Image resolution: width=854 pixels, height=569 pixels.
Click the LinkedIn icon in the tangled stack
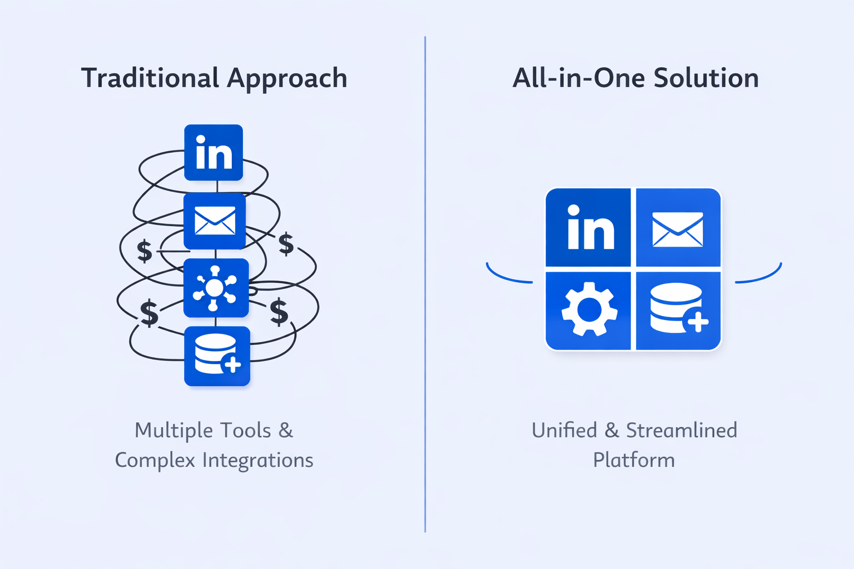[213, 153]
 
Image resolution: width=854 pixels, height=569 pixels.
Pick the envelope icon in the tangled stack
[215, 221]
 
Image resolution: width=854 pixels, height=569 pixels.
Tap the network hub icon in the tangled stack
[216, 288]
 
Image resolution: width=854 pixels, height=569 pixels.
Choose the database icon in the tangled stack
[217, 356]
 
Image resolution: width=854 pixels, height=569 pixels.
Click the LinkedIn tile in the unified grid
[589, 228]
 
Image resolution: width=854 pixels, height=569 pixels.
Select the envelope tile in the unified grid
[678, 228]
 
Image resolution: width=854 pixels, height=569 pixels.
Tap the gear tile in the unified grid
[589, 310]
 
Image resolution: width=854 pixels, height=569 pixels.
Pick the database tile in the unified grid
[678, 310]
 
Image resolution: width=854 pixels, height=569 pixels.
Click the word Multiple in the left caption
[173, 431]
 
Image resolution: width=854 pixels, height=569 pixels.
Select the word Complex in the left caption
[155, 461]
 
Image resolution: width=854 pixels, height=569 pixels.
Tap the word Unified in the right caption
[564, 431]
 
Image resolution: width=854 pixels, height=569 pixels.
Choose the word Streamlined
[682, 431]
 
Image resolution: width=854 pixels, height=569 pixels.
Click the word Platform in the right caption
[634, 461]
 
